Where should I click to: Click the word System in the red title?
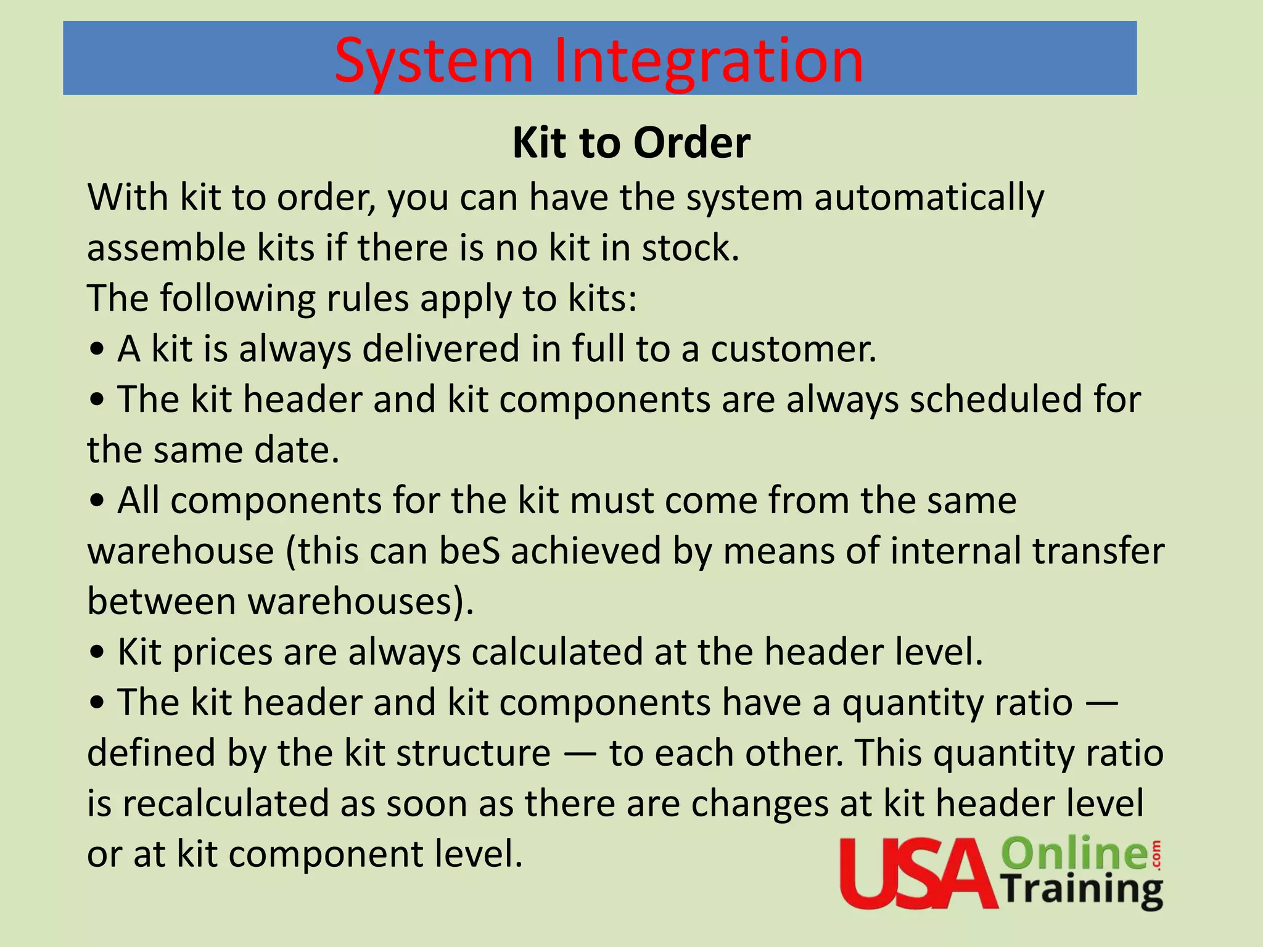[x=434, y=61]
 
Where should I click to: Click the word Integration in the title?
[x=709, y=61]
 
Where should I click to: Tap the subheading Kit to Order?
[x=631, y=143]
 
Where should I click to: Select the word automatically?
[x=929, y=199]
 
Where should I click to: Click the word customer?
[x=793, y=349]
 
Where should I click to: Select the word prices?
[x=222, y=652]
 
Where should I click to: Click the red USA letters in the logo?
[x=918, y=873]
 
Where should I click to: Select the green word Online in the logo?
[x=1073, y=853]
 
